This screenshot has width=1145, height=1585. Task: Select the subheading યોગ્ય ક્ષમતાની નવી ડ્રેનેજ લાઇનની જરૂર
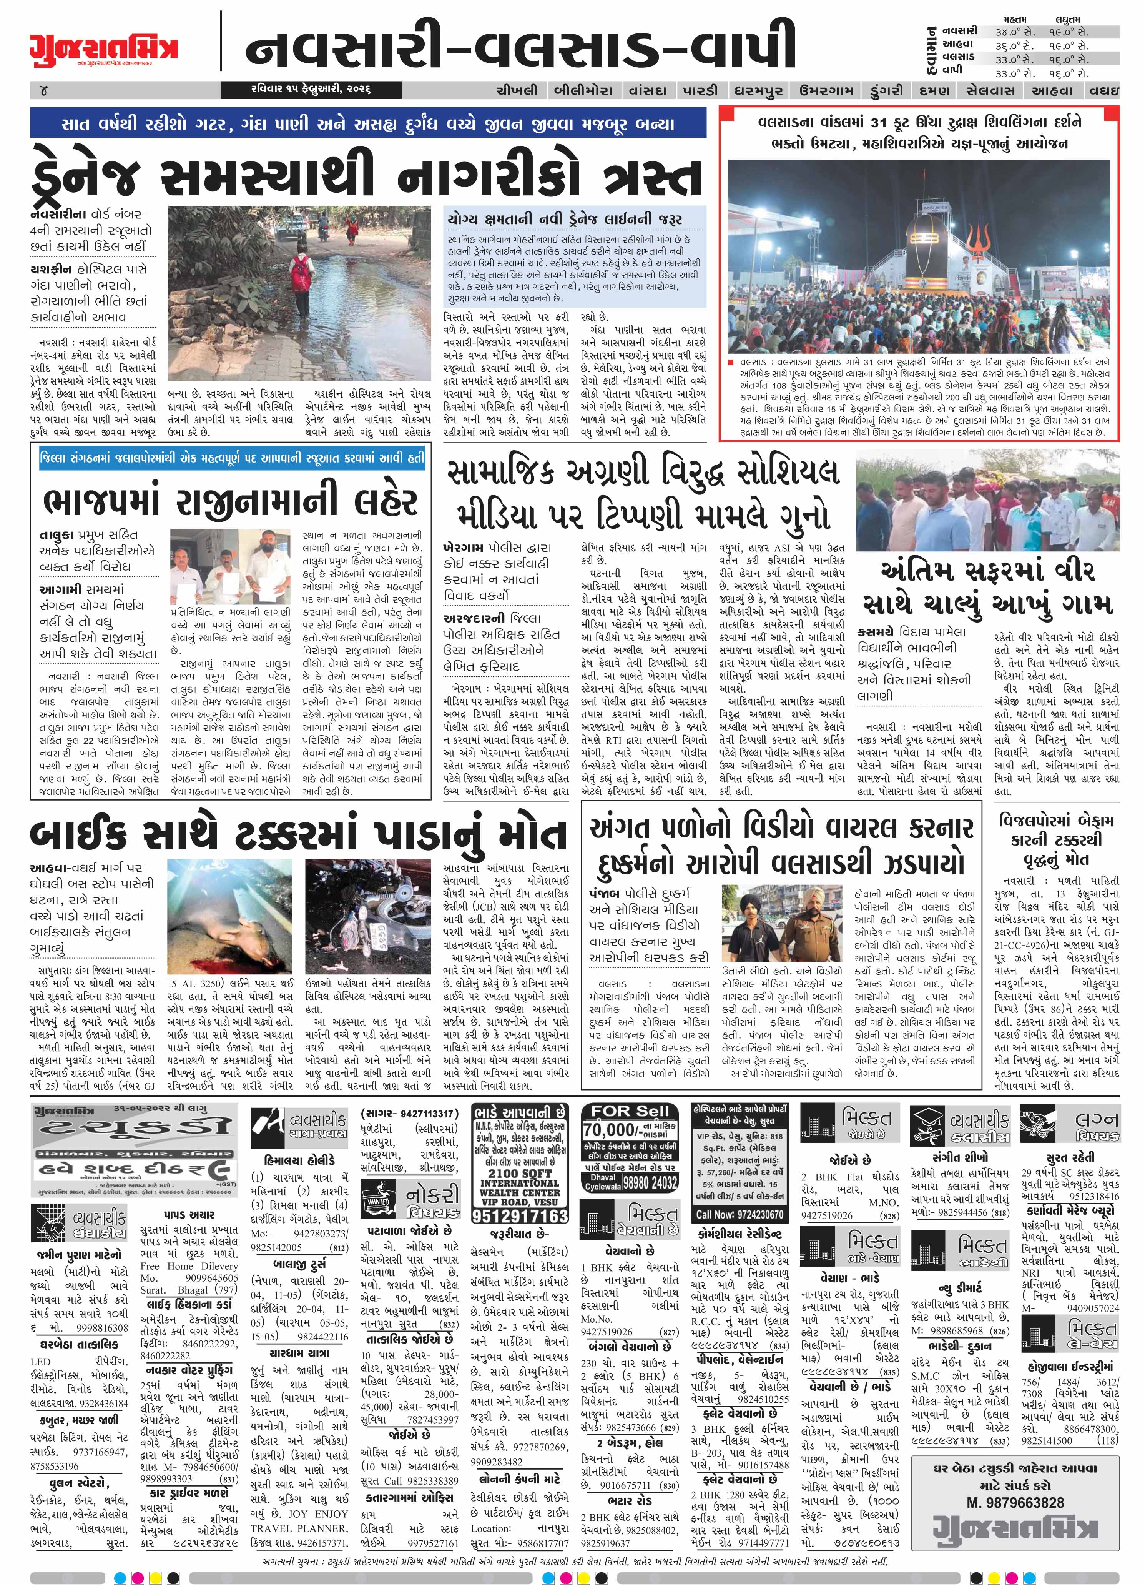tap(565, 219)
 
